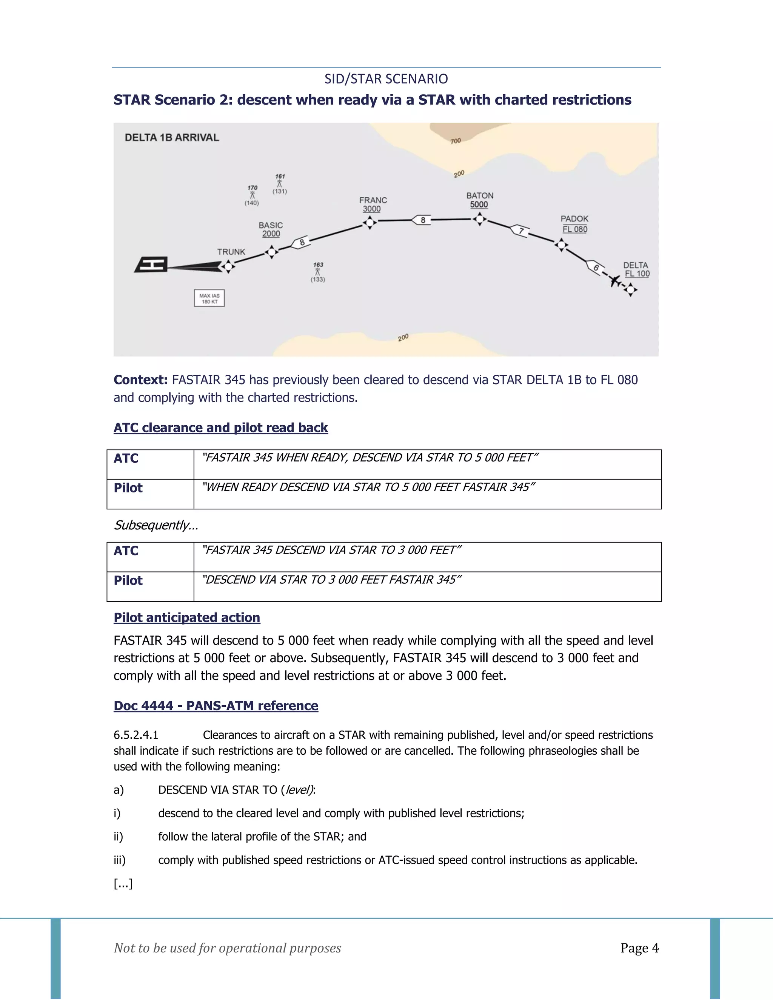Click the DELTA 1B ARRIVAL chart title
pyautogui.click(x=172, y=137)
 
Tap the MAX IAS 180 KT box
pyautogui.click(x=209, y=298)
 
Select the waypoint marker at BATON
pyautogui.click(x=479, y=219)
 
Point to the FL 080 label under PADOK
pyautogui.click(x=575, y=229)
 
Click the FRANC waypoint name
pyautogui.click(x=373, y=200)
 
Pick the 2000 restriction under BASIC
pyautogui.click(x=271, y=234)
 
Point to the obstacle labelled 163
pyautogui.click(x=318, y=272)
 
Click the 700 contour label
pyautogui.click(x=455, y=141)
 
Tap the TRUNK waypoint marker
pyautogui.click(x=228, y=266)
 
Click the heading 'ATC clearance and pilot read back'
pyautogui.click(x=221, y=428)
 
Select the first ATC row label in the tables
pyautogui.click(x=126, y=458)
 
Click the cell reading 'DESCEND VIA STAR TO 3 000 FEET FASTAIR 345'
pyautogui.click(x=331, y=580)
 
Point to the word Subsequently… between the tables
pyautogui.click(x=156, y=525)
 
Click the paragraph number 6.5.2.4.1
pyautogui.click(x=136, y=735)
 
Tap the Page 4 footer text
pyautogui.click(x=639, y=948)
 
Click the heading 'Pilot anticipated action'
pyautogui.click(x=187, y=618)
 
